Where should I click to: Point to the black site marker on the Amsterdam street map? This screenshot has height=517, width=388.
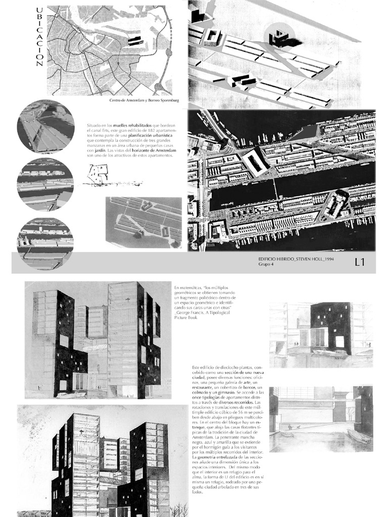(134, 41)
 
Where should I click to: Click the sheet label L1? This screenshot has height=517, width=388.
(360, 262)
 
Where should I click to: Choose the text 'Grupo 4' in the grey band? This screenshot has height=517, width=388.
(267, 264)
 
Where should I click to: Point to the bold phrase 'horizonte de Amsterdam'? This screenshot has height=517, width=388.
(150, 150)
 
